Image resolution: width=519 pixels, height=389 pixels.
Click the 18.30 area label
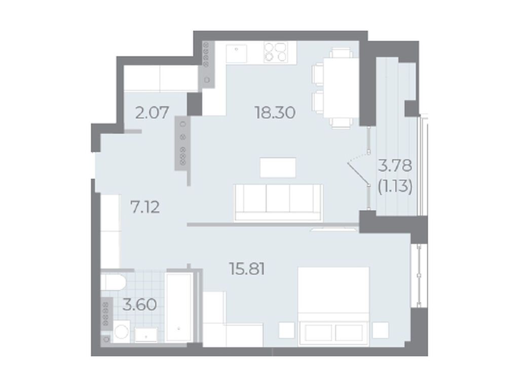pos(275,113)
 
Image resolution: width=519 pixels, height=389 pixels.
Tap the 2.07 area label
pos(152,112)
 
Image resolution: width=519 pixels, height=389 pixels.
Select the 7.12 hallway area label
pos(145,208)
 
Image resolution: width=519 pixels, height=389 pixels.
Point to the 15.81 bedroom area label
pos(247,269)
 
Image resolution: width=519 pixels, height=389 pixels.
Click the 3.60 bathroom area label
pos(139,304)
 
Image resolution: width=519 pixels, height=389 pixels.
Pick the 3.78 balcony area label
pos(395,166)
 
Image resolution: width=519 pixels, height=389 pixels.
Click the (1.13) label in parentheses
pos(395,187)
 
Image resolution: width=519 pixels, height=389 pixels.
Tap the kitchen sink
pos(236,54)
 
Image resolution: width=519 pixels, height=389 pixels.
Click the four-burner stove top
pos(275,52)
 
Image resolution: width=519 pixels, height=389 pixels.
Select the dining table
pos(341,87)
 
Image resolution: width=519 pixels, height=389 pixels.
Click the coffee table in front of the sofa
pos(278,167)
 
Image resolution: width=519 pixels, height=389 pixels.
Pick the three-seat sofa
pos(278,202)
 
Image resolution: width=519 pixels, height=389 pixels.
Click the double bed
pos(333,306)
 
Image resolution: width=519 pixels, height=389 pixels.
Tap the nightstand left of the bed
pos(287,330)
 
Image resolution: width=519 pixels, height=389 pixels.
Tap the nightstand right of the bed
pos(380,330)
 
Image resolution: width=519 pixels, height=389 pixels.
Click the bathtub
pos(179,307)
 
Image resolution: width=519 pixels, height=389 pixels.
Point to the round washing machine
pos(121,331)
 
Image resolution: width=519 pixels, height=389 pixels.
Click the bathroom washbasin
pos(146,335)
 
